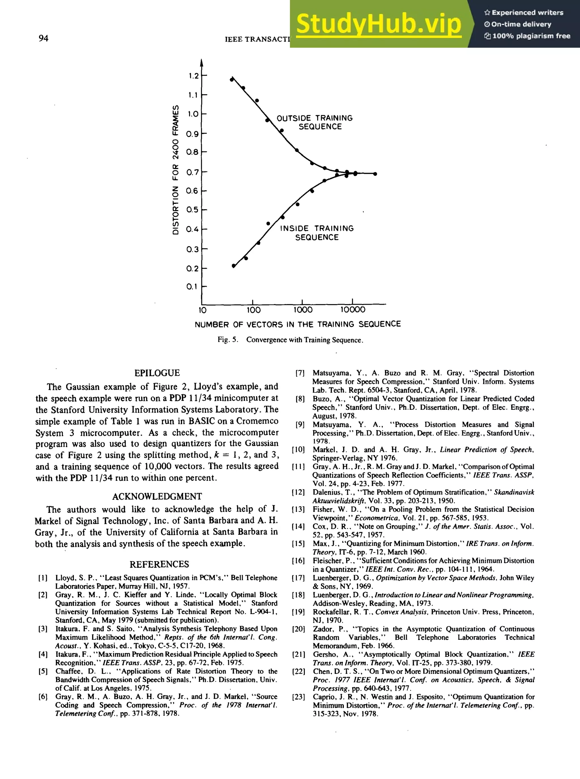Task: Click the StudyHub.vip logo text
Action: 378,24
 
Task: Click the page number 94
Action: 44,38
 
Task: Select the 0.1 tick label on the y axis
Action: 192,287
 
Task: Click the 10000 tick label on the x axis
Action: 353,310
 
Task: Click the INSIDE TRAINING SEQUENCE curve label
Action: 317,233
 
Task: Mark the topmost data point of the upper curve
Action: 232,79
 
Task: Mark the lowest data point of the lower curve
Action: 234,266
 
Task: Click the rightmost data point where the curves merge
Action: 375,174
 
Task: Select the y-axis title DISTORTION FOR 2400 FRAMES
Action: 176,170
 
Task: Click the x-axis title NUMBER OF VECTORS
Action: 298,324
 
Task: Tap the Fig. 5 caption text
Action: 290,340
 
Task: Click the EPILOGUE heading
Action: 157,373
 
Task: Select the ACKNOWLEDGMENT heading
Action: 157,496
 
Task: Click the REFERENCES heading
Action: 159,564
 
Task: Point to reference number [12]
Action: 298,492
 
